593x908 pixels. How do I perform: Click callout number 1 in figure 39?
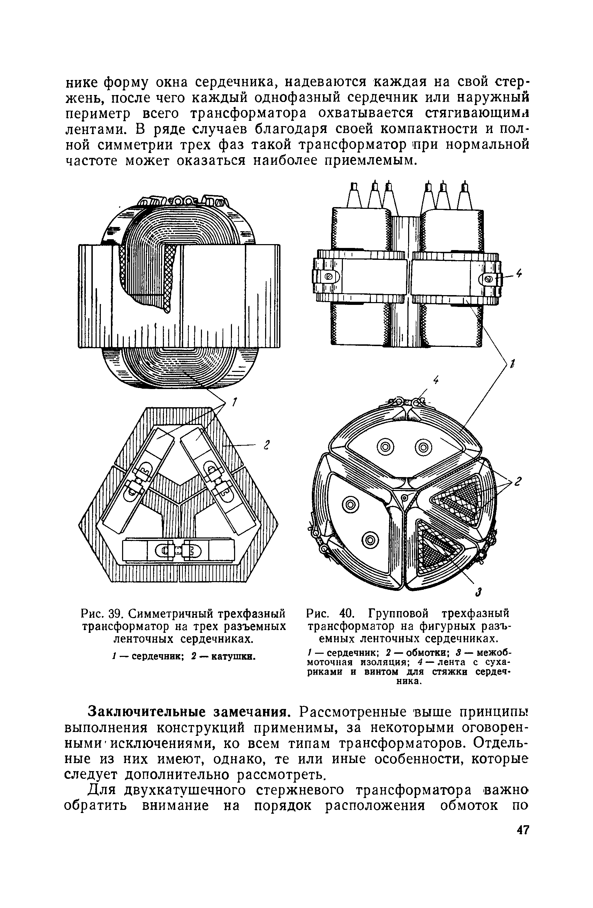235,402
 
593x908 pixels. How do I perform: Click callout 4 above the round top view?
436,380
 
